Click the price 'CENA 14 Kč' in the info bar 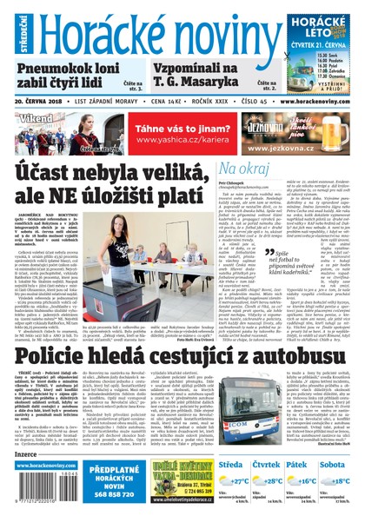(154, 101)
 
